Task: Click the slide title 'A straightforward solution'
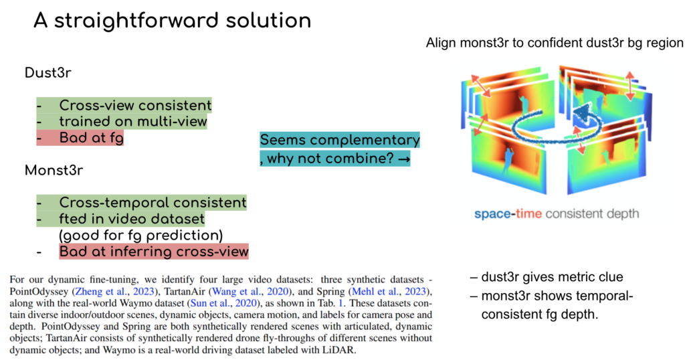tap(172, 21)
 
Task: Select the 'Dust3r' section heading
tap(47, 73)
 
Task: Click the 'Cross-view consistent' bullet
tap(134, 105)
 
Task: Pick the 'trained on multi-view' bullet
tap(132, 121)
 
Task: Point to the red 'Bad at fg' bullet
tap(92, 138)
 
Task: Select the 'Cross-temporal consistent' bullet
tap(153, 202)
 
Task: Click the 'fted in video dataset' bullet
tap(131, 219)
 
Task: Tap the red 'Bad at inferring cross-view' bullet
tap(154, 252)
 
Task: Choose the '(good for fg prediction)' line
tap(140, 236)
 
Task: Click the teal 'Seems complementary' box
tap(340, 141)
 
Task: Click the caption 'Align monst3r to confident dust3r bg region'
tap(555, 43)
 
